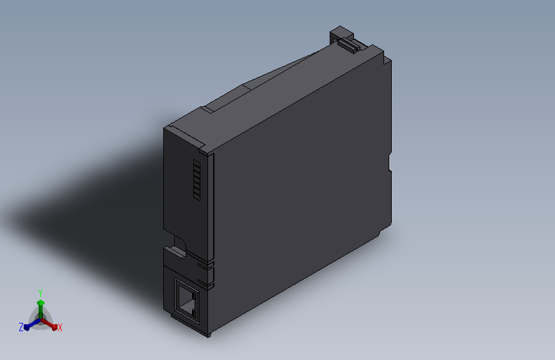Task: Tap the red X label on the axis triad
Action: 60,328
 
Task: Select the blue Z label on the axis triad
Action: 21,327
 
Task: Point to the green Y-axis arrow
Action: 40,304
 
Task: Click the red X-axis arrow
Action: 51,324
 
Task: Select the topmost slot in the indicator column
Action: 197,164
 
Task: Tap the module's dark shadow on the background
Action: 96,192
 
